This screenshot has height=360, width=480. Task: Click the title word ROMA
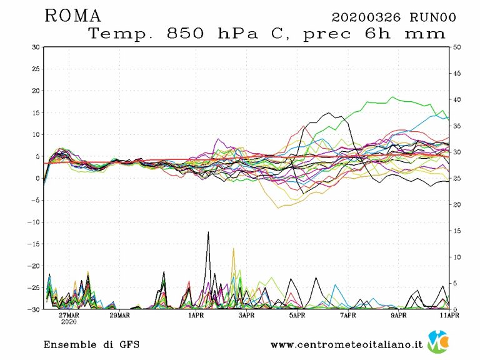click(72, 16)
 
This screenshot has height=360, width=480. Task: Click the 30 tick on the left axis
click(36, 47)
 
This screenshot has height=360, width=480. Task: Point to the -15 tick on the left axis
click(34, 244)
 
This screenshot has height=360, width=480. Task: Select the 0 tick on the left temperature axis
click(37, 178)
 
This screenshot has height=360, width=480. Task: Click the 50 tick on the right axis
click(456, 47)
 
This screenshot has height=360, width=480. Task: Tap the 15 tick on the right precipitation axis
click(456, 231)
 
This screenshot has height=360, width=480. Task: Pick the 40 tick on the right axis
click(456, 99)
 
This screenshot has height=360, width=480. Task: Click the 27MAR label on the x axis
click(69, 316)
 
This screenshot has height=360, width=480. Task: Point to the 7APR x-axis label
click(348, 316)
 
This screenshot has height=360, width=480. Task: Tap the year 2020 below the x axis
click(69, 322)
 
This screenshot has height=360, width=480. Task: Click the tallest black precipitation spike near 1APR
click(208, 232)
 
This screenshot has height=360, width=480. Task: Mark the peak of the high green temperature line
click(392, 97)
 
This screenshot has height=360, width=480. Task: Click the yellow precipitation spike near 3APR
click(234, 249)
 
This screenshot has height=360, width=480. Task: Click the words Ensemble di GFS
click(91, 344)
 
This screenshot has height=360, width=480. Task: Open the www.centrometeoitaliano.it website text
click(347, 344)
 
